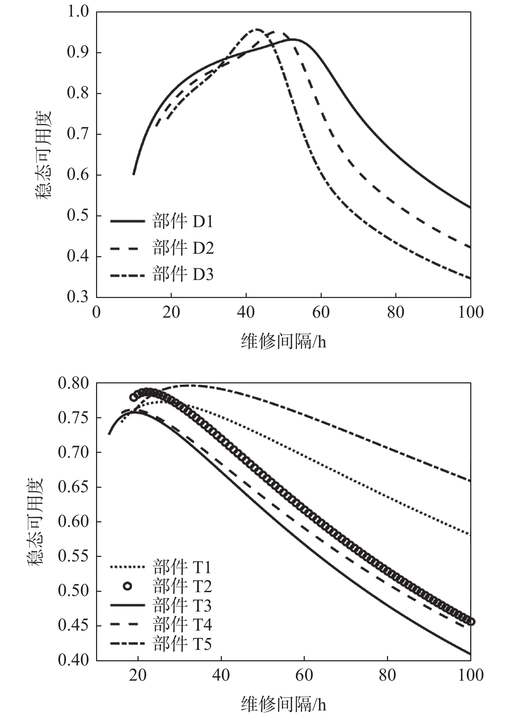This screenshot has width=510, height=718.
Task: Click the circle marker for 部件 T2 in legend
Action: pyautogui.click(x=127, y=586)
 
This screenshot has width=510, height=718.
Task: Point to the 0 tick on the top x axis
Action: pyautogui.click(x=96, y=312)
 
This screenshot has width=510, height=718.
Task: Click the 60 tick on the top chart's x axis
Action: pyautogui.click(x=321, y=312)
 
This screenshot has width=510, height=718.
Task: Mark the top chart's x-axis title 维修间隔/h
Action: pyautogui.click(x=283, y=342)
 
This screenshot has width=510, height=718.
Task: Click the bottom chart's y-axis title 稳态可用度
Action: pyautogui.click(x=35, y=521)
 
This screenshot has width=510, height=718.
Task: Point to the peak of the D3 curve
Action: pyautogui.click(x=257, y=29)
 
